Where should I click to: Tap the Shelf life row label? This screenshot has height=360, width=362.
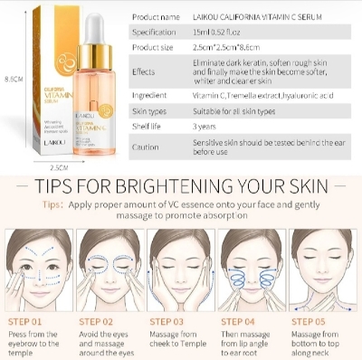[x=148, y=128]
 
